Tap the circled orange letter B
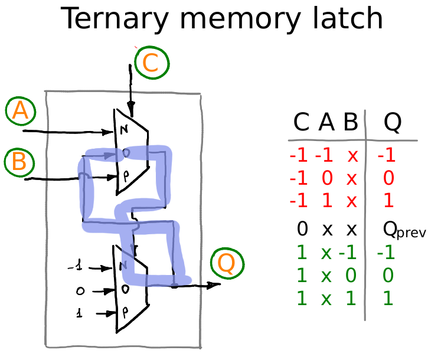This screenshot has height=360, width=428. click(x=19, y=162)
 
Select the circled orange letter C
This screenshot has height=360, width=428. click(x=151, y=63)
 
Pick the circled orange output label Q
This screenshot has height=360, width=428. click(x=226, y=263)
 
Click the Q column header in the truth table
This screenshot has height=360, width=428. click(x=393, y=122)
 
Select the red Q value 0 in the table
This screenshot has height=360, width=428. click(x=388, y=178)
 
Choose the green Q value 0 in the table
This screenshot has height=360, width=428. click(x=388, y=276)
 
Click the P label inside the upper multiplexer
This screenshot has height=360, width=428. click(x=125, y=175)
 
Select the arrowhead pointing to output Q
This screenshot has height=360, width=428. click(x=214, y=285)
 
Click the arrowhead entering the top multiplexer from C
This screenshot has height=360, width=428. click(x=130, y=111)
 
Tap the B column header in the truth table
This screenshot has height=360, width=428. click(x=351, y=122)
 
